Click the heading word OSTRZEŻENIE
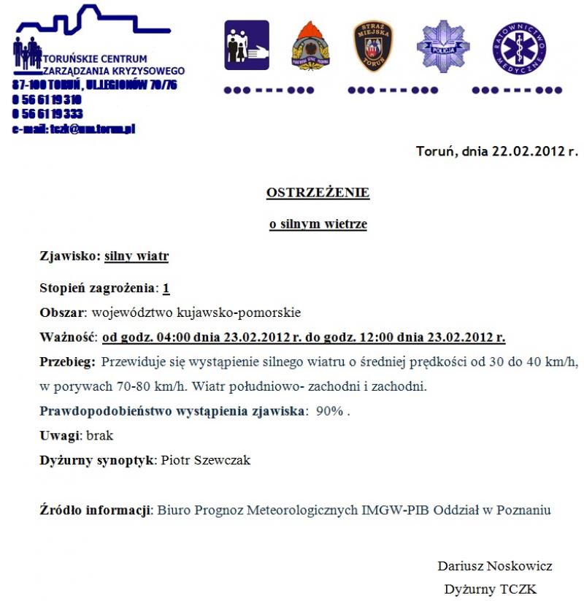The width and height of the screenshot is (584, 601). point(318,194)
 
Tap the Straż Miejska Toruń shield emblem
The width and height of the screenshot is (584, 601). point(372,46)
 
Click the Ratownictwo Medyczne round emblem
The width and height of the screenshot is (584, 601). point(519,47)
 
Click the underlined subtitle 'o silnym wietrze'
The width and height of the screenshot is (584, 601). point(318,225)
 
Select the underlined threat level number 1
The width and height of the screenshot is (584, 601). point(166,288)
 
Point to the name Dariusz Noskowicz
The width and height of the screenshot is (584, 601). point(494,566)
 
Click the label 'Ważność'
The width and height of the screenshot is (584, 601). point(68,337)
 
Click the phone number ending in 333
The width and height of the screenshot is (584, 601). point(47,114)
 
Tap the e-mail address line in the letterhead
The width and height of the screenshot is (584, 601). point(73,129)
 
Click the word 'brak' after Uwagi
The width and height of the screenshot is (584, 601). point(100,436)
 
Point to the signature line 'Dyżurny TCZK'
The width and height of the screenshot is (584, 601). point(490,589)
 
